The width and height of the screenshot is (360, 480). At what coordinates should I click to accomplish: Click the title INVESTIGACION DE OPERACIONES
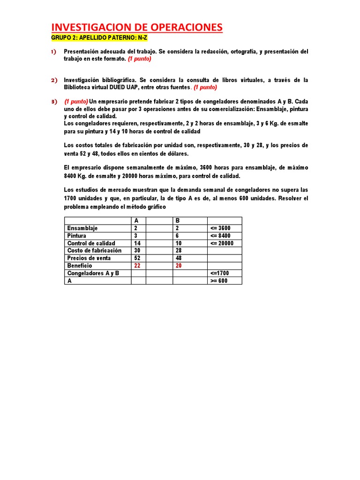pyautogui.click(x=136, y=28)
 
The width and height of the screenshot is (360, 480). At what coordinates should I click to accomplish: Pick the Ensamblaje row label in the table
pyautogui.click(x=82, y=228)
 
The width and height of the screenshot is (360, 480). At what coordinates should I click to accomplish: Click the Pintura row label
pyautogui.click(x=77, y=236)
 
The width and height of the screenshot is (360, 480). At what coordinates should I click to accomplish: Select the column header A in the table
pyautogui.click(x=136, y=221)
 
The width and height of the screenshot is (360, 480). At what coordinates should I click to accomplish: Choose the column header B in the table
pyautogui.click(x=178, y=221)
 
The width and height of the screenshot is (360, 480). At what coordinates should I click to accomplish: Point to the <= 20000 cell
pyautogui.click(x=222, y=243)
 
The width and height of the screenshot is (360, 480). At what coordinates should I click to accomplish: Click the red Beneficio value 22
pyautogui.click(x=137, y=266)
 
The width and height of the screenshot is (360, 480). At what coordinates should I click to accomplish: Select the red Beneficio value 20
pyautogui.click(x=179, y=266)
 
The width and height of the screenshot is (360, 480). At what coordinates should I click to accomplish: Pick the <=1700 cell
pyautogui.click(x=220, y=273)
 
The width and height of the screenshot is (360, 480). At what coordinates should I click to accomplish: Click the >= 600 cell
pyautogui.click(x=219, y=281)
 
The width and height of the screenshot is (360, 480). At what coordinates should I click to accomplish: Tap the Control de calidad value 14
pyautogui.click(x=137, y=243)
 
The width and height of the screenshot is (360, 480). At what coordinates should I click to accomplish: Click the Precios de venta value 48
pyautogui.click(x=179, y=258)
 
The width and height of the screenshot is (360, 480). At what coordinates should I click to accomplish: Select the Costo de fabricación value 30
pyautogui.click(x=137, y=251)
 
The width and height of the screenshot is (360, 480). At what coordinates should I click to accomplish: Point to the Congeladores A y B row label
pyautogui.click(x=93, y=273)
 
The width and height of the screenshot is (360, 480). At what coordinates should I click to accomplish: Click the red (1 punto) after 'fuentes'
pyautogui.click(x=205, y=88)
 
